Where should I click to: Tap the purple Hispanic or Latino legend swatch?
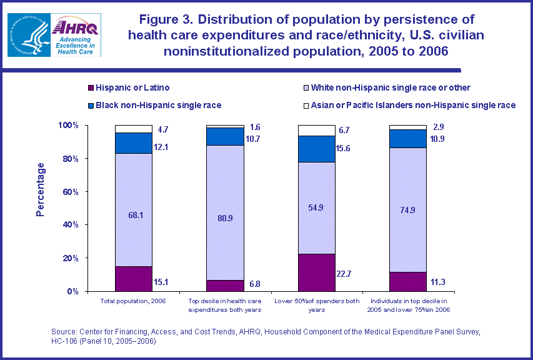click(x=91, y=87)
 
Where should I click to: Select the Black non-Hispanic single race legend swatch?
click(x=91, y=105)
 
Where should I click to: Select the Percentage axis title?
click(x=41, y=189)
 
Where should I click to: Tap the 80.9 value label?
click(x=226, y=202)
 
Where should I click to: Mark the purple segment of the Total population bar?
click(x=134, y=279)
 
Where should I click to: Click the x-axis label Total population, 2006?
click(x=134, y=302)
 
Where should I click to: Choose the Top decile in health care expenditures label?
click(x=226, y=306)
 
